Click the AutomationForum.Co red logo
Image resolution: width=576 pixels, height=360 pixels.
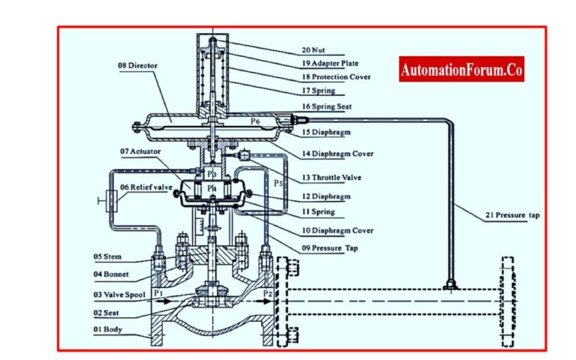tap(460, 70)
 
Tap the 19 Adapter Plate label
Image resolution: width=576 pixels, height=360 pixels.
tap(334, 63)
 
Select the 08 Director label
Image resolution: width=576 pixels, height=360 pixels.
tap(139, 65)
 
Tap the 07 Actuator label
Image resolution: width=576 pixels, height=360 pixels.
tap(140, 151)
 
